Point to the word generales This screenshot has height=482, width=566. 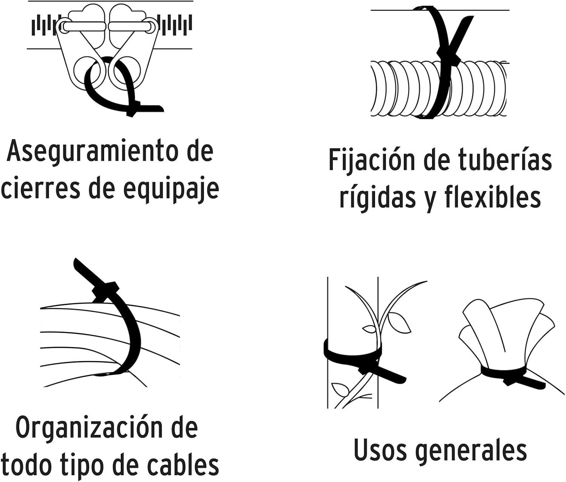pyautogui.click(x=472, y=450)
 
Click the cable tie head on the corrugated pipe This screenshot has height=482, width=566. pyautogui.click(x=449, y=57)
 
